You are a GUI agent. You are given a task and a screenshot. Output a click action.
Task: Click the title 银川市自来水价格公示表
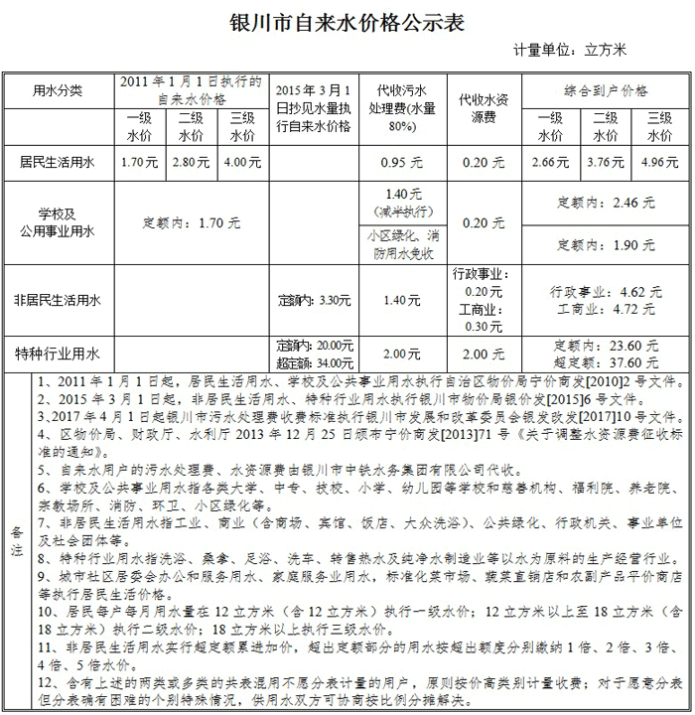[x=347, y=22]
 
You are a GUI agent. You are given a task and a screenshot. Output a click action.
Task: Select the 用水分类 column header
[x=58, y=90]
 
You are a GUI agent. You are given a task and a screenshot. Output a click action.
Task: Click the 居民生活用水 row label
[x=58, y=160]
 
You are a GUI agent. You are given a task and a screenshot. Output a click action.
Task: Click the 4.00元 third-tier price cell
[x=242, y=160]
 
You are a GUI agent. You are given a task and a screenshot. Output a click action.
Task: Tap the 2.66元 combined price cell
[x=550, y=161]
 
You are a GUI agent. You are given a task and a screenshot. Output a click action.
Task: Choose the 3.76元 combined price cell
[x=605, y=161]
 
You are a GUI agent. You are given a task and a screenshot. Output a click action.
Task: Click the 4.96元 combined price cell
[x=659, y=161]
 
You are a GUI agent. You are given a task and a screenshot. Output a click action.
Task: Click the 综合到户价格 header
[x=606, y=90]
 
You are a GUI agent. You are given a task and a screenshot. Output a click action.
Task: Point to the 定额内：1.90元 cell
[x=606, y=245]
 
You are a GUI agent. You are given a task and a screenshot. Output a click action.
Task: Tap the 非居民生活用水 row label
[x=58, y=299]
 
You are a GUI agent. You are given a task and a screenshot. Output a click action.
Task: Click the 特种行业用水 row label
[x=58, y=354]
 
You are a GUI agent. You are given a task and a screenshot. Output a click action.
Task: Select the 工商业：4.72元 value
[x=606, y=309]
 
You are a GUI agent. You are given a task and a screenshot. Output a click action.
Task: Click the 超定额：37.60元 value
[x=606, y=362]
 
